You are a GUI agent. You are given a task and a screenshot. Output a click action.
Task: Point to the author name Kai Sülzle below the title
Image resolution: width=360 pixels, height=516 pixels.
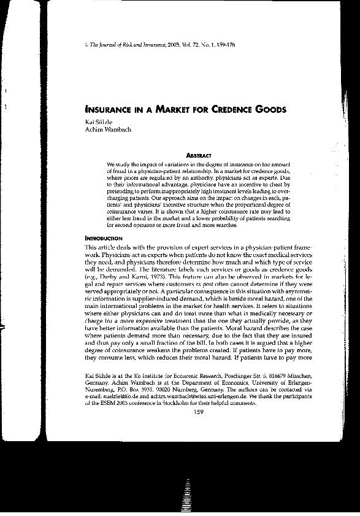(x=98, y=122)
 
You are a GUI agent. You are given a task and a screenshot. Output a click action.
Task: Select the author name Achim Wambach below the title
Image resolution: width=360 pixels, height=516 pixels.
(x=105, y=130)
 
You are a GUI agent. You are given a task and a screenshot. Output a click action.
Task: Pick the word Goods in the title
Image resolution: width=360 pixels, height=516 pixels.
(x=268, y=110)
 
